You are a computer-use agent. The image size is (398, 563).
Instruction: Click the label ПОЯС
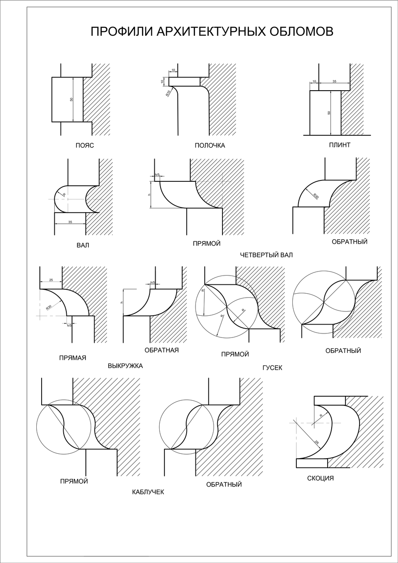(85, 145)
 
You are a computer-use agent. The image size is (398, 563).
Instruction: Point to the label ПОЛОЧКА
(210, 146)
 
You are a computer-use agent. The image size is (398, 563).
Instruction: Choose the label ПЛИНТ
(340, 145)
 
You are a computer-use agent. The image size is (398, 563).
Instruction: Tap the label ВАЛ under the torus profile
(83, 245)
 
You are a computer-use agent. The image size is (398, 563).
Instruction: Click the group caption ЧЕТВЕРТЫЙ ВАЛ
(266, 255)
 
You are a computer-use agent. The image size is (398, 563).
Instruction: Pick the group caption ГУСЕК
(272, 368)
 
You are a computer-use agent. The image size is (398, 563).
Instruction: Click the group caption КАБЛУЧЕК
(148, 492)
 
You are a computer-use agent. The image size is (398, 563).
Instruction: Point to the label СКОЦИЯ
(320, 478)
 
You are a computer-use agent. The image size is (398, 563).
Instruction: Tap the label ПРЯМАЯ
(73, 358)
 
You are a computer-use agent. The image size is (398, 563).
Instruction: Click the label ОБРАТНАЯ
(161, 350)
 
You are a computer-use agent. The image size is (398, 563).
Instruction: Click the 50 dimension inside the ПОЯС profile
(71, 100)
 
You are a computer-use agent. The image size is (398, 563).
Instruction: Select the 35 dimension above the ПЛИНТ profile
(334, 81)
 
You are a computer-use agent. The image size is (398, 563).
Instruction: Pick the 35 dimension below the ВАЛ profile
(70, 222)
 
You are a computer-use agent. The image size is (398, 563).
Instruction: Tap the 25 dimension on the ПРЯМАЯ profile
(51, 280)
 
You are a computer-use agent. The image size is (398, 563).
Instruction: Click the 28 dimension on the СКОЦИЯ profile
(317, 442)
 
